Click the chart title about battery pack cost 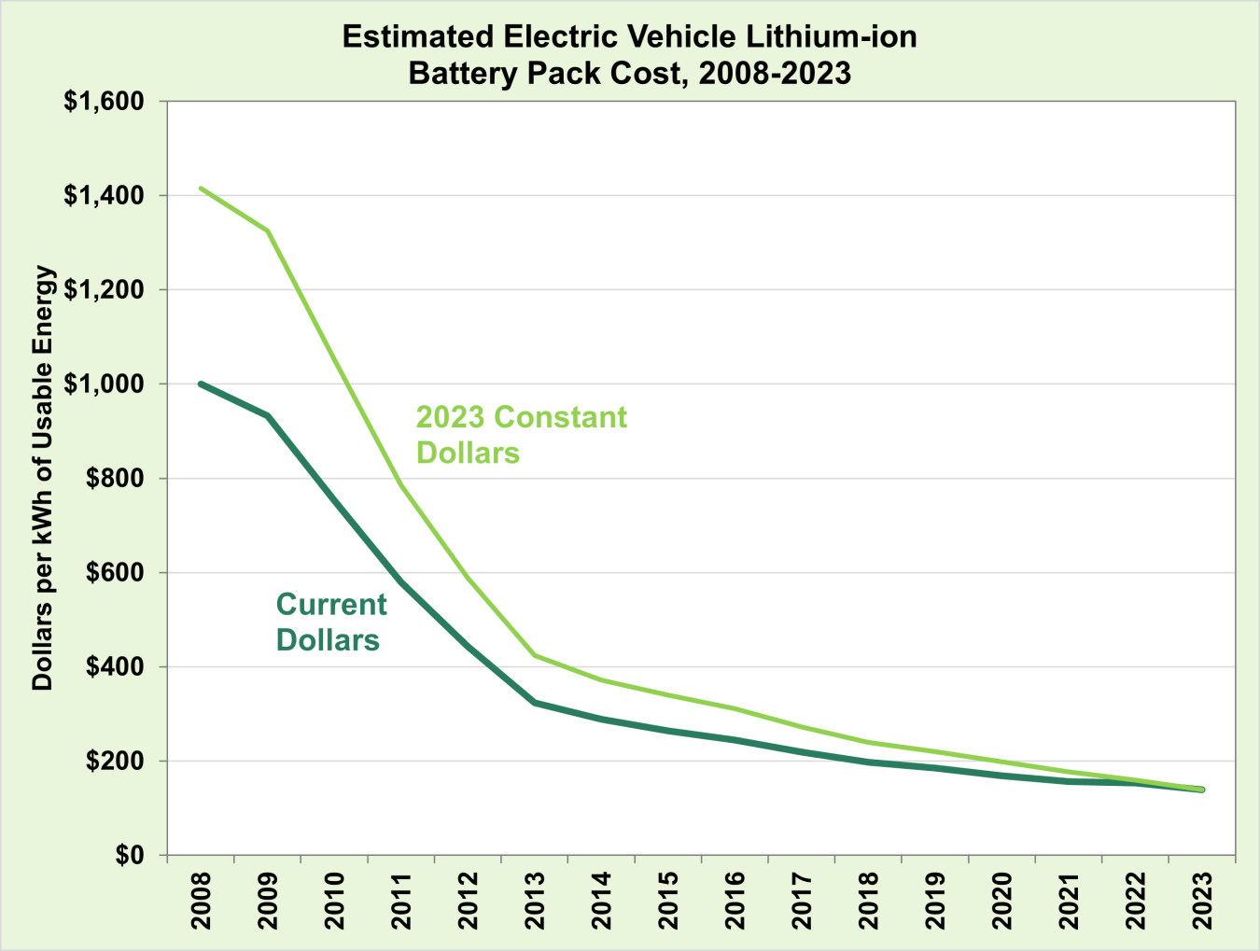click(630, 54)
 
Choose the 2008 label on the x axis click(202, 901)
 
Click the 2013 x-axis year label click(535, 901)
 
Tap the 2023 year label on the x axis click(1202, 901)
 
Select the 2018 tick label click(869, 901)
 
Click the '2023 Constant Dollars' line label click(521, 434)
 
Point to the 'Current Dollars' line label click(331, 622)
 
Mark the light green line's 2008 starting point click(202, 189)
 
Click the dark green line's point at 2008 click(202, 384)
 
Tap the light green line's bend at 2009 click(268, 231)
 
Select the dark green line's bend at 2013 click(535, 702)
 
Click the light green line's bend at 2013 click(535, 655)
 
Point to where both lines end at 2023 click(1202, 790)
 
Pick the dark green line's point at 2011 click(401, 580)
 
